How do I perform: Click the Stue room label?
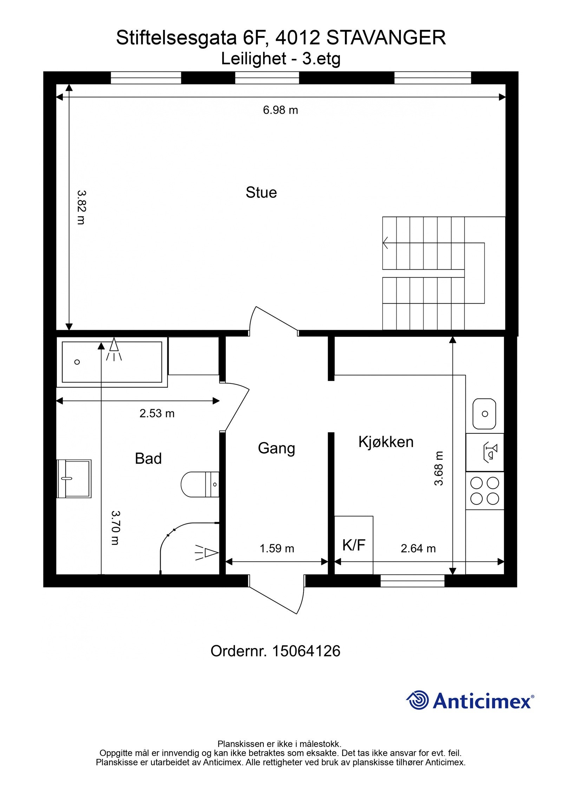(261, 192)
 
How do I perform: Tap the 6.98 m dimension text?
(280, 110)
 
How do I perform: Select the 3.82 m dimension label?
(81, 207)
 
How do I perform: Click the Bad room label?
(148, 459)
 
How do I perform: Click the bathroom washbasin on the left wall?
(74, 479)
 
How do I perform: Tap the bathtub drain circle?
(77, 362)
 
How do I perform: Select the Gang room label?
(276, 448)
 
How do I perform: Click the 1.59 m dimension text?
(277, 548)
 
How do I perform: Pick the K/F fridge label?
(354, 545)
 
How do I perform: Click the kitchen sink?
(484, 414)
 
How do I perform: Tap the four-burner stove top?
(485, 491)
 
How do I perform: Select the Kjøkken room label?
(386, 441)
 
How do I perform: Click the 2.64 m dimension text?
(418, 548)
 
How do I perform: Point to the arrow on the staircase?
(386, 242)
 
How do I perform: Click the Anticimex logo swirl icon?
(418, 700)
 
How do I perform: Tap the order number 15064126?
(306, 651)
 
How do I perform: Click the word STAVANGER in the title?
(386, 38)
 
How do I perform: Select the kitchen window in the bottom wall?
(412, 583)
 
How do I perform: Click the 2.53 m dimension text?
(157, 413)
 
